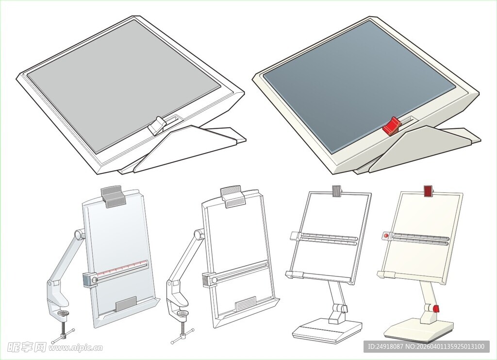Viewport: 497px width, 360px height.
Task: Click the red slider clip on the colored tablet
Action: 392,126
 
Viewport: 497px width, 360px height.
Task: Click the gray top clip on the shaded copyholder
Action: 113,197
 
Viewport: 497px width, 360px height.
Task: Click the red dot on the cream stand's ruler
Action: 386,236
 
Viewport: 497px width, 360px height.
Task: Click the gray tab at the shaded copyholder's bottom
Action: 126,304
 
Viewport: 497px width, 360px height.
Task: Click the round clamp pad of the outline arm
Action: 183,314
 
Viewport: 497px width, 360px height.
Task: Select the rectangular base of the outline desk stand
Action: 327,330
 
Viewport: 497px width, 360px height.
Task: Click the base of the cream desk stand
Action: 419,330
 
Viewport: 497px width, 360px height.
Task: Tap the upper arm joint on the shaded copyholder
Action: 79,235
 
